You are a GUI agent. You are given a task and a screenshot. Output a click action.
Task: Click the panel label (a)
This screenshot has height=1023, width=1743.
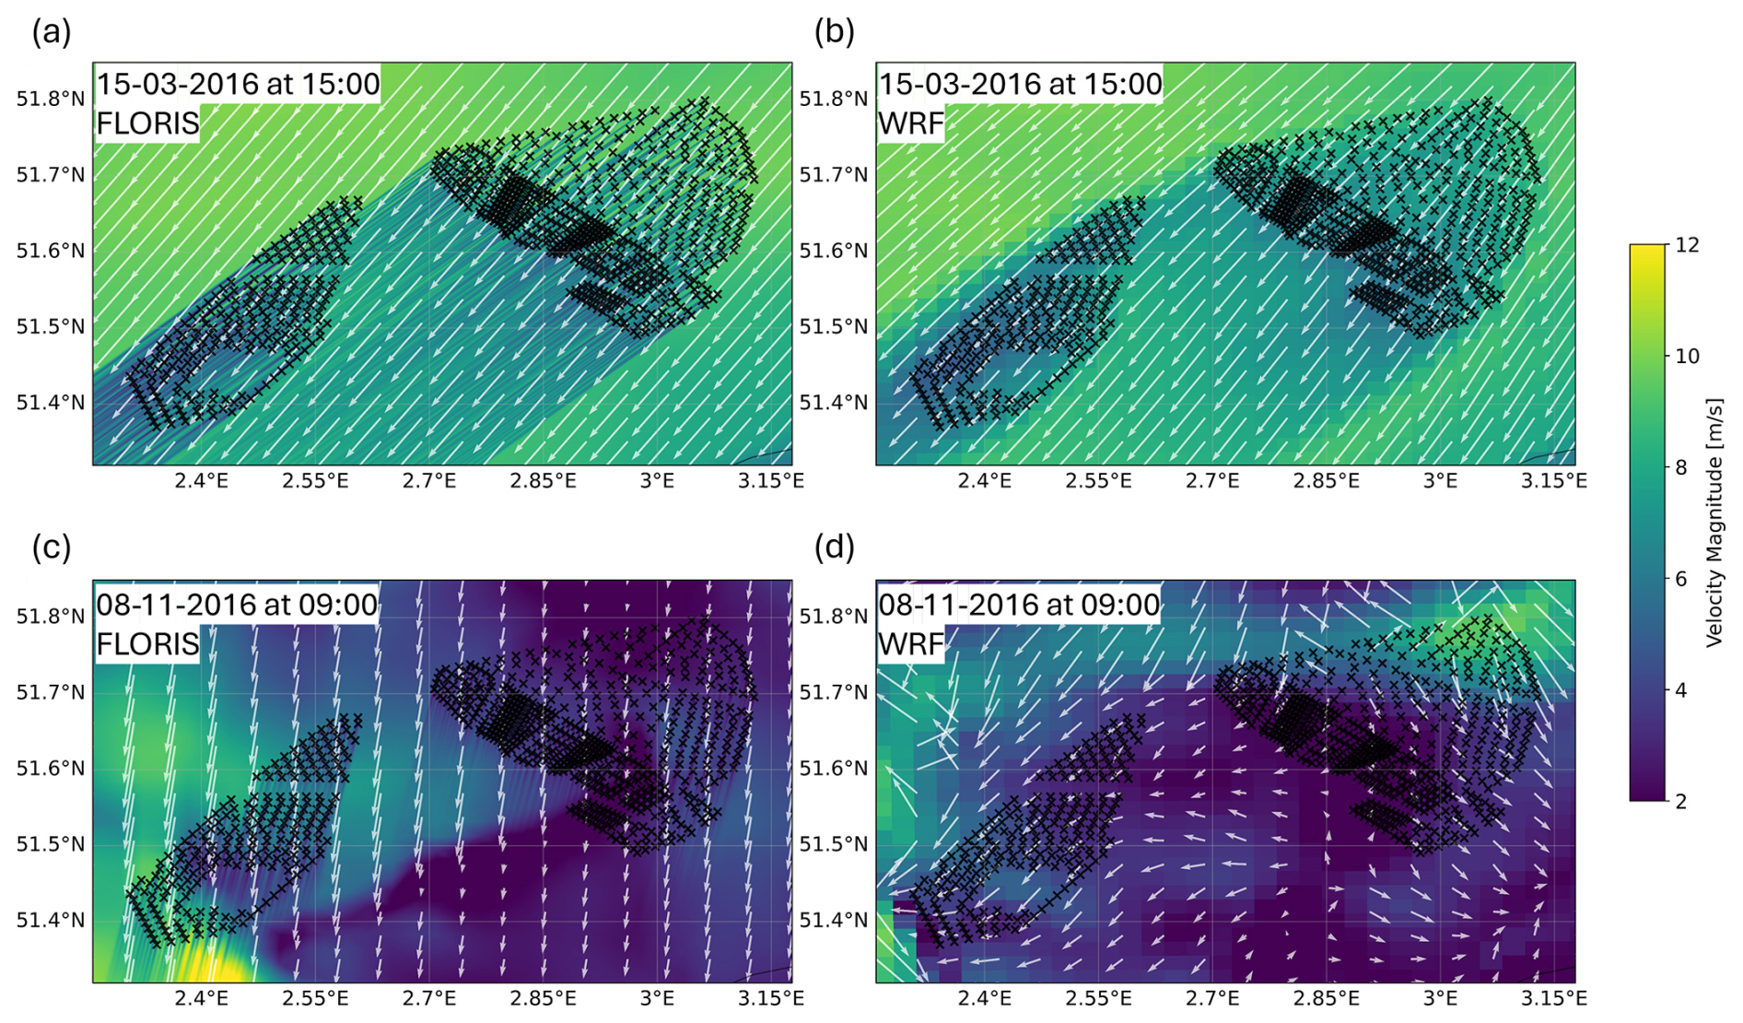52,32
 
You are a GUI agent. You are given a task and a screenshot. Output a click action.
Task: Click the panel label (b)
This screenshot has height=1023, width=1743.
835,32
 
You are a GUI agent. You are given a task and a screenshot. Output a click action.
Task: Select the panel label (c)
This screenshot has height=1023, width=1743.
52,547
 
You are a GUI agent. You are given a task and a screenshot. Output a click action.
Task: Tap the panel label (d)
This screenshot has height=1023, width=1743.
835,547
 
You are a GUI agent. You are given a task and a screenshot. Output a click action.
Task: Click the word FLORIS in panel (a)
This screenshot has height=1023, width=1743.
148,123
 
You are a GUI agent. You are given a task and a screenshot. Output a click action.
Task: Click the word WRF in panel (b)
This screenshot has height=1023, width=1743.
912,123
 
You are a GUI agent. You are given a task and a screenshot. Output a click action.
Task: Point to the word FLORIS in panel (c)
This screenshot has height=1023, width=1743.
148,643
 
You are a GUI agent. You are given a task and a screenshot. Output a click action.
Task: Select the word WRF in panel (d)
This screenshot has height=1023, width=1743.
912,643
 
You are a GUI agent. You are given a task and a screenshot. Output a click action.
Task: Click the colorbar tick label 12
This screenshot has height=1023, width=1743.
1688,245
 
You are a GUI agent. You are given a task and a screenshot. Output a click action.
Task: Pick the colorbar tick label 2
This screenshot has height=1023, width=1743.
1681,802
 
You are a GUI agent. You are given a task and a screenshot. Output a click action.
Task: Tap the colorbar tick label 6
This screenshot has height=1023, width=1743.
1681,579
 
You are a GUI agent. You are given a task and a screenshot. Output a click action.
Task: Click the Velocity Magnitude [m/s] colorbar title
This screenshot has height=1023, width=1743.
1714,523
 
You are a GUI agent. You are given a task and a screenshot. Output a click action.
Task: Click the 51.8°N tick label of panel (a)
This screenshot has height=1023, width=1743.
51,99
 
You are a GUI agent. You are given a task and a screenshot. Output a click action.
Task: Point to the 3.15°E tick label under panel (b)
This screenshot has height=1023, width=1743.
1554,480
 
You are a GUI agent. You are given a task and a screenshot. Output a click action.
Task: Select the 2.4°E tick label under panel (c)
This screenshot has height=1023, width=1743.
202,998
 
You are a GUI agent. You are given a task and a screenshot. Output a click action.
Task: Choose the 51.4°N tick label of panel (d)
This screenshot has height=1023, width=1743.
834,920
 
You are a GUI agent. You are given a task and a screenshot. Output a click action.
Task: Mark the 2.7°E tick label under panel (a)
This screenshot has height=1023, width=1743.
429,480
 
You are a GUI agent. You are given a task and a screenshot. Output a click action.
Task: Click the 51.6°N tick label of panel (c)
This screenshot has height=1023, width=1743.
51,768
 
